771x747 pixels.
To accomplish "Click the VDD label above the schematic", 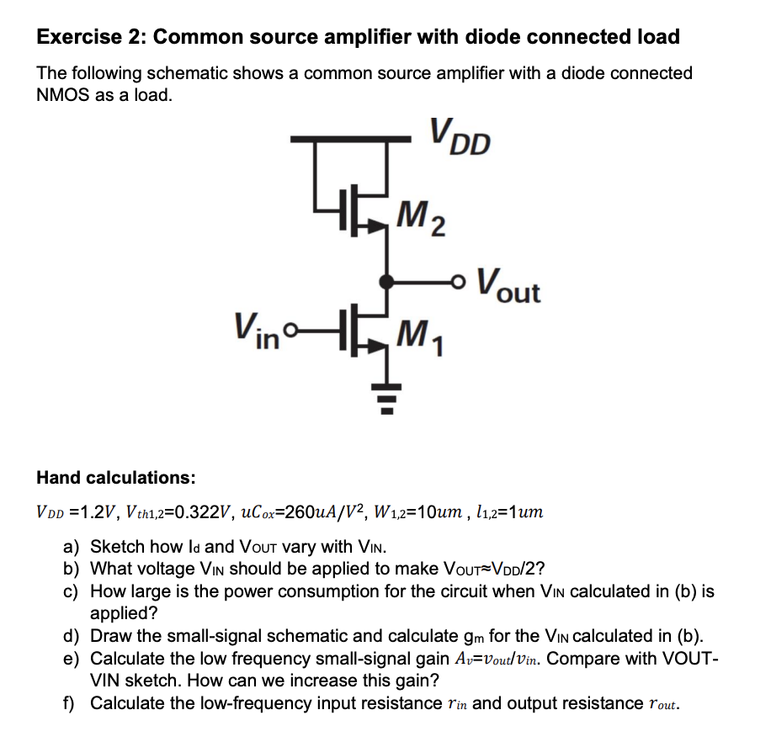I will (458, 136).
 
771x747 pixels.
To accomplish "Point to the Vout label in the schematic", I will (508, 285).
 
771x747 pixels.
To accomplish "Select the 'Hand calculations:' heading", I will (116, 478).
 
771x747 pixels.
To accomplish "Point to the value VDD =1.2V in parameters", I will (77, 512).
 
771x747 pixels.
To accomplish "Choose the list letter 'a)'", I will (73, 547).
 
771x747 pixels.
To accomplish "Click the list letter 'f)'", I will (72, 702).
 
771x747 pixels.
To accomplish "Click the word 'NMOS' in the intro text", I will (62, 94).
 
